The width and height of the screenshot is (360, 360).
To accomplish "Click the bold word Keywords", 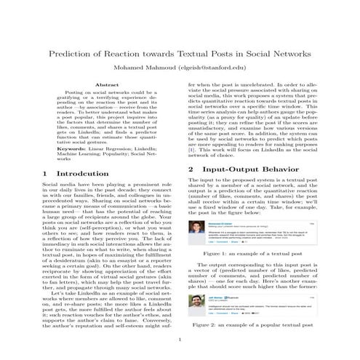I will [x=71, y=150].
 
